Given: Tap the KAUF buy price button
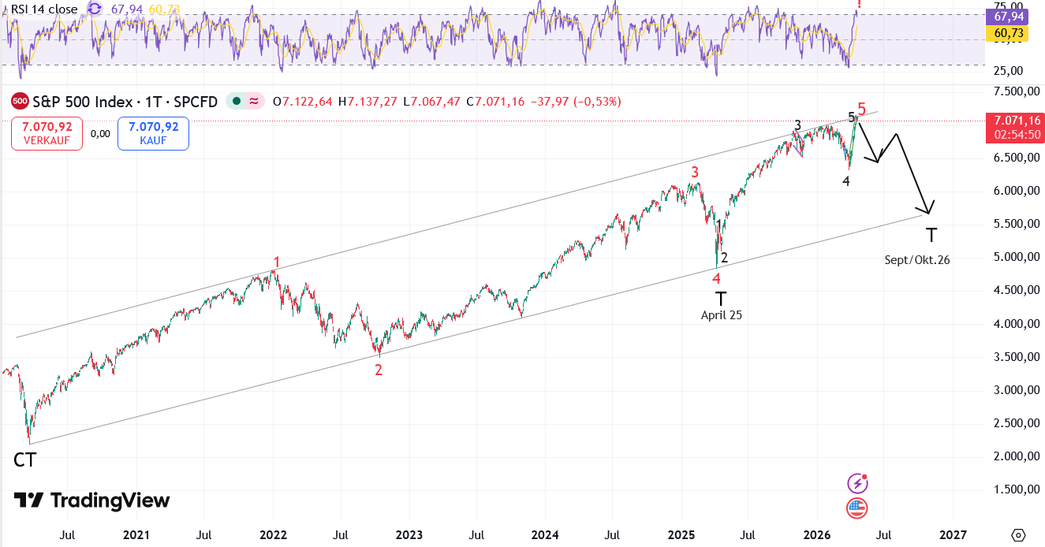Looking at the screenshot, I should click(153, 133).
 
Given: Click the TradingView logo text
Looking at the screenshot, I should click(92, 500).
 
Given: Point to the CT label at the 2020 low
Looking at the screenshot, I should click(24, 460).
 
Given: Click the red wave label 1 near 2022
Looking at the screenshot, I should click(277, 262).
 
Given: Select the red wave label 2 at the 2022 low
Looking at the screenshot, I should click(379, 370).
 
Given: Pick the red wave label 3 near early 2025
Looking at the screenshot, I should click(695, 172).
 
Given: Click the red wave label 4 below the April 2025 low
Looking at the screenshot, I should click(716, 277).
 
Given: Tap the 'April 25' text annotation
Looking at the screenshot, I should click(722, 314).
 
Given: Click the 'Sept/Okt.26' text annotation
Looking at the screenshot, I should click(916, 259).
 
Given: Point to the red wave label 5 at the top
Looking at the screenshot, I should click(862, 109).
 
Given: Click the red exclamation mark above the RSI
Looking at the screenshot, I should click(859, 5).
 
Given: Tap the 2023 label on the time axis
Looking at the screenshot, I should click(409, 535).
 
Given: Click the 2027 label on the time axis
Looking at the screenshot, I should click(953, 535).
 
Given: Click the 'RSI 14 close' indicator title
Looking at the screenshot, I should click(44, 9).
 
